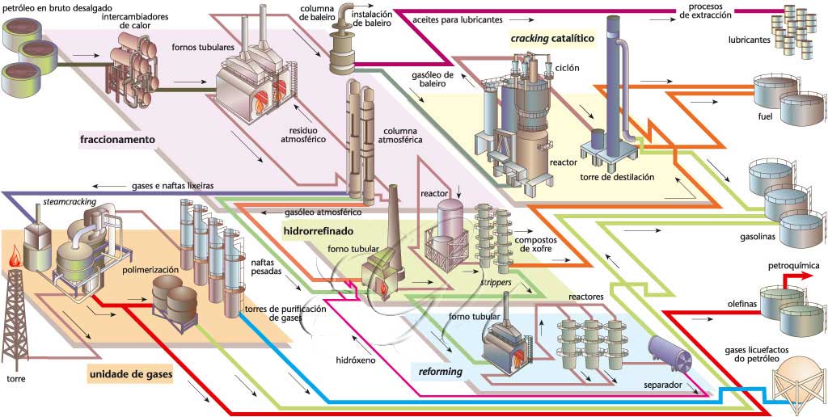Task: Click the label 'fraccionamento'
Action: point(117,140)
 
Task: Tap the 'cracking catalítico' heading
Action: point(552,38)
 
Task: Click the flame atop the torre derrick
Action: point(14,260)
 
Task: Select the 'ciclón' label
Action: point(567,69)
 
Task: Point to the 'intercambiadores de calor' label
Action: point(137,20)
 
